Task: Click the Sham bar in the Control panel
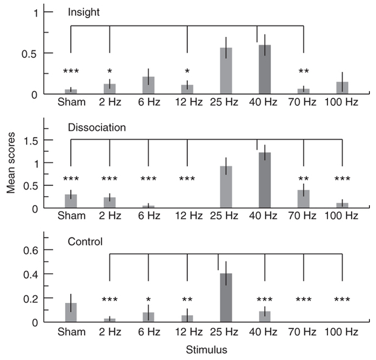tap(71, 312)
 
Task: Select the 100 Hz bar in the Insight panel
tap(342, 88)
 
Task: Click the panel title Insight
tap(84, 12)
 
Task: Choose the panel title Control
tap(86, 241)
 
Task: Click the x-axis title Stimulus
tap(206, 351)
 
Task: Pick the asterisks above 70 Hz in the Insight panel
tap(303, 72)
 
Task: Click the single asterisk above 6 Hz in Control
tap(149, 299)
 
